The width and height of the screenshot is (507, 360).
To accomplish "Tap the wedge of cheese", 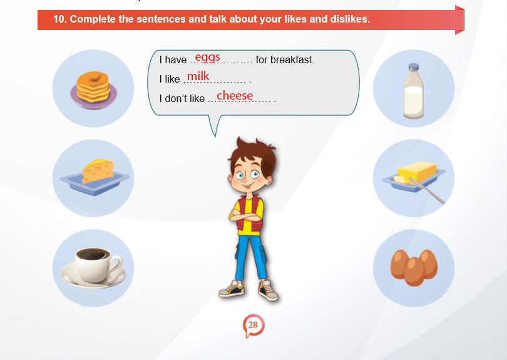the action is [98, 171].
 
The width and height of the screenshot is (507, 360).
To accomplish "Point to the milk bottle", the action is [414, 91].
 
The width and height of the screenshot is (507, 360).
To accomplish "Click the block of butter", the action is [417, 172].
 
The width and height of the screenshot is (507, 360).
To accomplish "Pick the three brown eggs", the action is [414, 267].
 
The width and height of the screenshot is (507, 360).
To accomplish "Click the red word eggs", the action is [208, 57].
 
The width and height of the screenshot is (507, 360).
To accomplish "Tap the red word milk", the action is [198, 76].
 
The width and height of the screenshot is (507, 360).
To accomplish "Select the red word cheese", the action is [235, 95].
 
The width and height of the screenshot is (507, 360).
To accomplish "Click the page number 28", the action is [253, 325].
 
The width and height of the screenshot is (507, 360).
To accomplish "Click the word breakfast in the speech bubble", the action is [291, 60].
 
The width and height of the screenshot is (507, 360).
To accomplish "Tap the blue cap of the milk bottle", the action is [414, 67].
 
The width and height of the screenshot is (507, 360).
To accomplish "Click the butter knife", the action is [427, 191].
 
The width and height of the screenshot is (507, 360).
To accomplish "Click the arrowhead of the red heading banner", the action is [459, 20].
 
